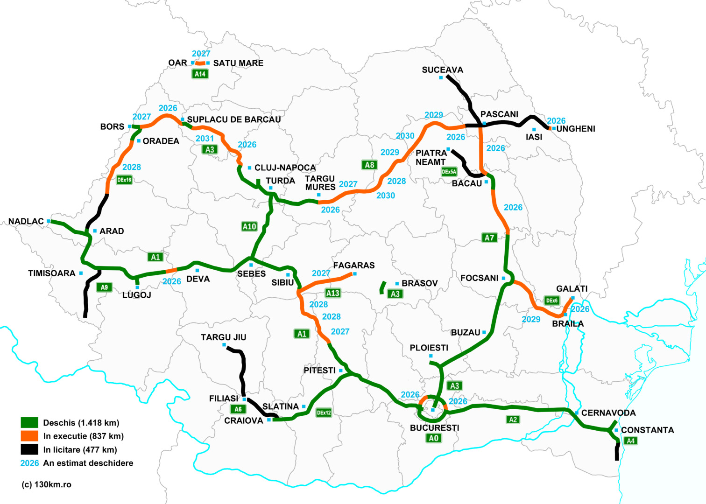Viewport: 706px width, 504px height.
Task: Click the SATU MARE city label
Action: tap(238, 63)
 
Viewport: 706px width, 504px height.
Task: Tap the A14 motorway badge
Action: tap(200, 74)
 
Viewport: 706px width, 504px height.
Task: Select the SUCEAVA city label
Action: tap(442, 70)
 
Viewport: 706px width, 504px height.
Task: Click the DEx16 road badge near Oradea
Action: tap(124, 180)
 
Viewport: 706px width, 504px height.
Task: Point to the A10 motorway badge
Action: tap(249, 226)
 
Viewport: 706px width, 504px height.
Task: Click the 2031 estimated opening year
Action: tap(205, 139)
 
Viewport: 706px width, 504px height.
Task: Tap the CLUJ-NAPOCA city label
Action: tap(285, 168)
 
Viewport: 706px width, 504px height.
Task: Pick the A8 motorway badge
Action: tap(369, 165)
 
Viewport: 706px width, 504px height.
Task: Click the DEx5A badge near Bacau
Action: tap(449, 172)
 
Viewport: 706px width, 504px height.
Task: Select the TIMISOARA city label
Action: tap(51, 273)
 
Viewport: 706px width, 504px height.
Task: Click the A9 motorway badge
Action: tap(105, 287)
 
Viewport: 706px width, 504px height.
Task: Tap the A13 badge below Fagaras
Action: tap(332, 293)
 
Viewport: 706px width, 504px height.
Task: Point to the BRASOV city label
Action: tap(419, 283)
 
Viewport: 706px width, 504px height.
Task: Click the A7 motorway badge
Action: tap(489, 238)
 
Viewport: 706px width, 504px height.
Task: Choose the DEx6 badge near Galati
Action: tap(551, 301)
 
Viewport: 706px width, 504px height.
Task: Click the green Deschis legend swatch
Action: tap(29, 423)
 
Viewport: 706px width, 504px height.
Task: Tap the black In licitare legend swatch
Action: tap(29, 449)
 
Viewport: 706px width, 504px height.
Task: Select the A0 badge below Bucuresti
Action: tap(433, 438)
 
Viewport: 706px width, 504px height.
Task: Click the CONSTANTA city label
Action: tap(647, 430)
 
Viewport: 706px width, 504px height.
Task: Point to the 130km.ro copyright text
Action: tap(47, 484)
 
